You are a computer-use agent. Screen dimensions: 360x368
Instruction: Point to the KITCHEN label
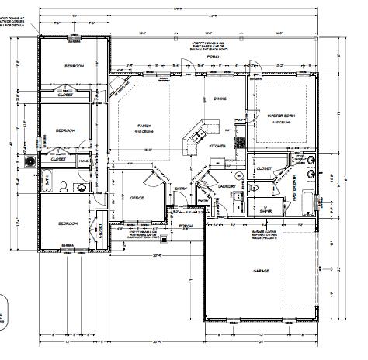(x=217, y=145)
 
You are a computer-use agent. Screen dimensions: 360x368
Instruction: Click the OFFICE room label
(x=137, y=197)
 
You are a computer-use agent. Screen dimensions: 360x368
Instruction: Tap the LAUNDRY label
(x=227, y=186)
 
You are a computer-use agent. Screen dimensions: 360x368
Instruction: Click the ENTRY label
(x=181, y=189)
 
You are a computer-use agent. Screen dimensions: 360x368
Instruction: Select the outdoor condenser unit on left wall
(x=32, y=162)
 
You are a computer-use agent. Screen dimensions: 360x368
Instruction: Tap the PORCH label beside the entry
(x=185, y=227)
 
